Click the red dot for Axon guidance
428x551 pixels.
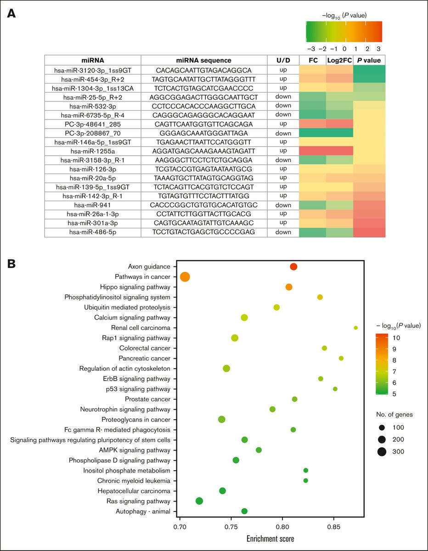tap(293, 266)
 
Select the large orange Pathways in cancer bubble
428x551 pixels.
tap(185, 276)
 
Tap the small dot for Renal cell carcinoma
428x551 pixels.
tap(356, 327)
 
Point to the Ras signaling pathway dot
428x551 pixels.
tap(199, 501)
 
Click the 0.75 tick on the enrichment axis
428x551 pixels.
tap(231, 528)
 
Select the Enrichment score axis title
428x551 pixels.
tap(270, 539)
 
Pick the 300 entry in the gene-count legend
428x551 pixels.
tap(398, 451)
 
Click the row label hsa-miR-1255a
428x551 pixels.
tap(93, 152)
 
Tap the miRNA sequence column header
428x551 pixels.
tap(204, 60)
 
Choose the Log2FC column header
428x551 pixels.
tap(339, 60)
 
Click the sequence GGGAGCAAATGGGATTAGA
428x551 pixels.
tap(203, 133)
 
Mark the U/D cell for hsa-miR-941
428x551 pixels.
tap(283, 205)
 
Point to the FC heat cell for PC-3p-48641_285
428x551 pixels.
tap(313, 124)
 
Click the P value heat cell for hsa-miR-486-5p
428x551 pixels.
tap(369, 232)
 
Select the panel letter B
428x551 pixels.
tap(11, 264)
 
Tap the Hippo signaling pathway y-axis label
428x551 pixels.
tap(135, 287)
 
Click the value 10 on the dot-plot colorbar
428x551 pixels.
tap(396, 338)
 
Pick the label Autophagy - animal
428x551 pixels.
tap(143, 512)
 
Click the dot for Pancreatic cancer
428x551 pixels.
tap(341, 358)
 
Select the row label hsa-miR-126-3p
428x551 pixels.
tap(93, 169)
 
